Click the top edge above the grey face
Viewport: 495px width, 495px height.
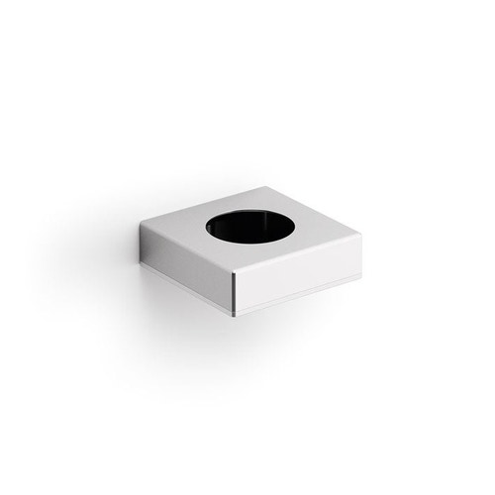click(187, 250)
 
